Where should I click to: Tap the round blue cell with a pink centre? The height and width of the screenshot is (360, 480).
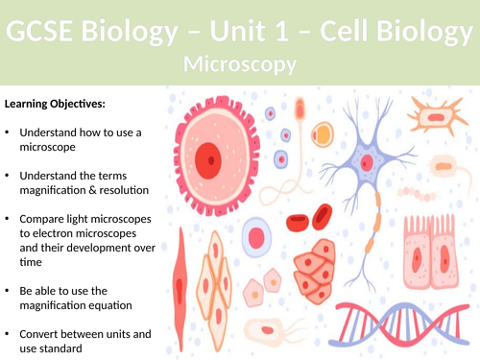[x=255, y=236]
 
